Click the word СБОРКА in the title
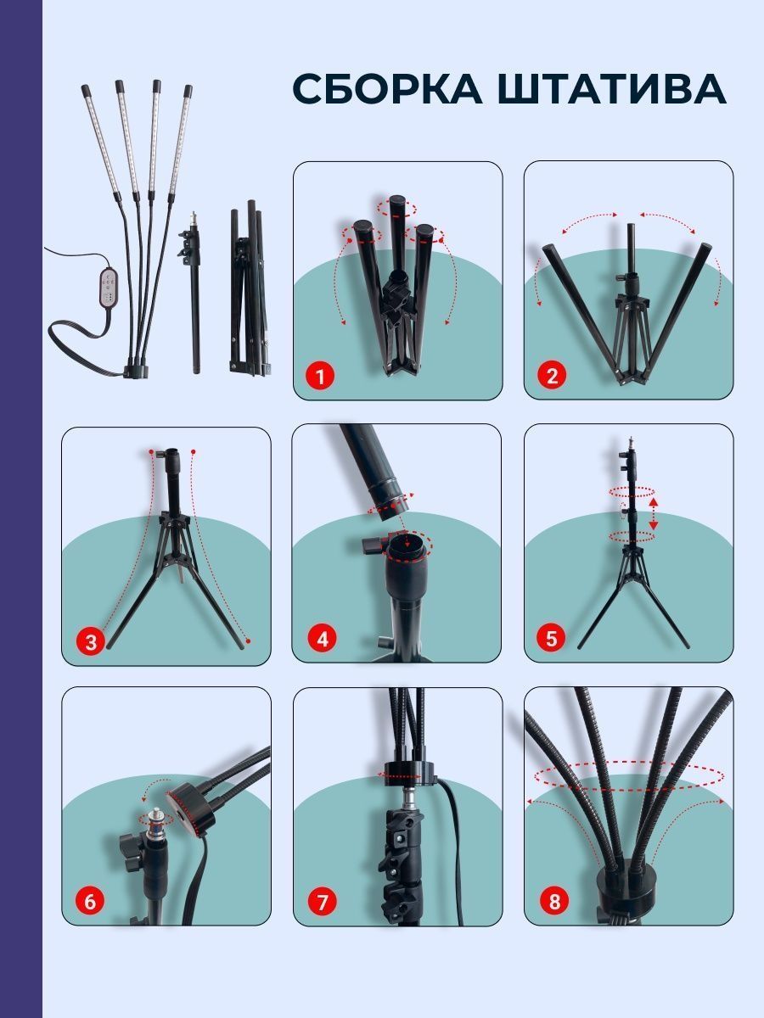[x=388, y=88]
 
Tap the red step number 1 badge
[x=321, y=375]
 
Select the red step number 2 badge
[x=552, y=375]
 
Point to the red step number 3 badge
[x=91, y=642]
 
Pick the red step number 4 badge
[x=322, y=640]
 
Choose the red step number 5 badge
[x=551, y=638]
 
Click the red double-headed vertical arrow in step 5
[x=654, y=513]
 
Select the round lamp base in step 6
[x=190, y=808]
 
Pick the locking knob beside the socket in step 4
[x=372, y=544]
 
